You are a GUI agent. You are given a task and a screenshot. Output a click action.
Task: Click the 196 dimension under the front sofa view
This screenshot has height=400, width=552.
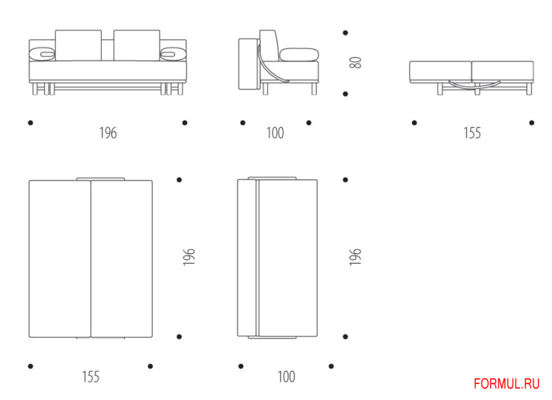[108, 133]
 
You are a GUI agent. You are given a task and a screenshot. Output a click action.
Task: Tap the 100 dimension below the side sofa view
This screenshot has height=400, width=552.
[275, 133]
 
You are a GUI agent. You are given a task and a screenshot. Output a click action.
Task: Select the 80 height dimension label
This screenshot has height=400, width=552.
[355, 63]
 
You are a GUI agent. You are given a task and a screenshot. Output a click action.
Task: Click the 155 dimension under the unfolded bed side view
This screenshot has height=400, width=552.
[472, 133]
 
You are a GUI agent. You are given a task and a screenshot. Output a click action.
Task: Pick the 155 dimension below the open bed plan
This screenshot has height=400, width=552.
[91, 377]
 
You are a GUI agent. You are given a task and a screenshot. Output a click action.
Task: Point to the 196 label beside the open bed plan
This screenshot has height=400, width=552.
[189, 256]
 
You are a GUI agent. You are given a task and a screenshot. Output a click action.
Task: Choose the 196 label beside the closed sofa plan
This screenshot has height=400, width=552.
[355, 256]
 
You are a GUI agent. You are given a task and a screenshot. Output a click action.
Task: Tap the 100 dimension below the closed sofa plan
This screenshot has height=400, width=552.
[286, 377]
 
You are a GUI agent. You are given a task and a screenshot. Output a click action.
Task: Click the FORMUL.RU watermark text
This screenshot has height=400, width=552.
[507, 383]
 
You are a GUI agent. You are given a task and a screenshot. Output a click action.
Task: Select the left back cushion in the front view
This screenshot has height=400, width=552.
[78, 45]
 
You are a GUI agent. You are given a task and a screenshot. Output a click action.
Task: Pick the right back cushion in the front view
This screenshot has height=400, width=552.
[137, 45]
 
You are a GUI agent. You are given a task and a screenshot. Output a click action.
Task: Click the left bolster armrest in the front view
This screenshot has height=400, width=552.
[42, 54]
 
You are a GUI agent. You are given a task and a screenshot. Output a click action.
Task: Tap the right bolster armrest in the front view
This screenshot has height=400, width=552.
[173, 54]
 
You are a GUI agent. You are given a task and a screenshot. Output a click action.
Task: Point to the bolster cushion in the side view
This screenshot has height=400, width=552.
[299, 55]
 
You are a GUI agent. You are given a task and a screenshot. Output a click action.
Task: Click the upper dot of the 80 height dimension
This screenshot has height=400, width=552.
[345, 33]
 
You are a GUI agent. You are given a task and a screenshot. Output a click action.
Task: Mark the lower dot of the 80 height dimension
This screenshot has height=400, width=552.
[345, 94]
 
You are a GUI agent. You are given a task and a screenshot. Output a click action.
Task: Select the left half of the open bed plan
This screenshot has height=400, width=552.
[60, 259]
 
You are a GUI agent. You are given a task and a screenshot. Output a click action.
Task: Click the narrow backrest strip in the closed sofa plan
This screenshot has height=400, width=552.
[248, 258]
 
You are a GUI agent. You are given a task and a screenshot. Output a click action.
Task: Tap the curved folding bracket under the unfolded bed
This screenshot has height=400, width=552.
[475, 85]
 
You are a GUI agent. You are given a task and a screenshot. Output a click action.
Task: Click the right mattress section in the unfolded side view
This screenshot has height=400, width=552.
[503, 72]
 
